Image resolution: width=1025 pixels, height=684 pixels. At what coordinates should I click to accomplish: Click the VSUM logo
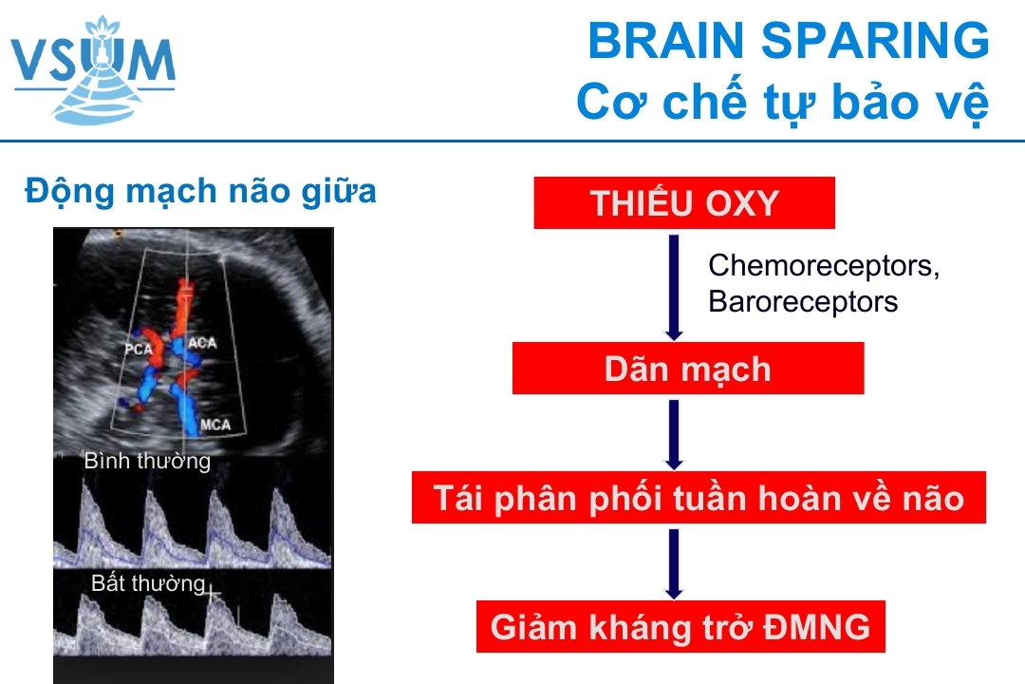[93, 69]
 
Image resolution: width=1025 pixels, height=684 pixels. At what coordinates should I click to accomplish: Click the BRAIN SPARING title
[789, 41]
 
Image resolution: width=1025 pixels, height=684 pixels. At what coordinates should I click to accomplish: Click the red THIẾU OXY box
[684, 203]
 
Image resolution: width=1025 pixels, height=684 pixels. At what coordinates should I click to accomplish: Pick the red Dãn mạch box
[688, 369]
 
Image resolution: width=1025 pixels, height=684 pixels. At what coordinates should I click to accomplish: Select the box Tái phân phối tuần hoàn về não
[699, 498]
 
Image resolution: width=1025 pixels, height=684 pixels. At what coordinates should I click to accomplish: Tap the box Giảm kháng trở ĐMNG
[680, 626]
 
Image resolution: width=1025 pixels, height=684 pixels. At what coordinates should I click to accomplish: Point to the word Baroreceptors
[803, 302]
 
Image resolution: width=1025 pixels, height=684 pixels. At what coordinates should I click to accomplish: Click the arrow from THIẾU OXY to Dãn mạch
[674, 287]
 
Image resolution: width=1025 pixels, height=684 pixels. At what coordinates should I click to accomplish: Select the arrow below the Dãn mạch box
[674, 434]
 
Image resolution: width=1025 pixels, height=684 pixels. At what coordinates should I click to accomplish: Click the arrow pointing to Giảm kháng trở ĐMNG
[674, 564]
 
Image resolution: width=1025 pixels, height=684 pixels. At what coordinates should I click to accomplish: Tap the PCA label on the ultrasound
[139, 350]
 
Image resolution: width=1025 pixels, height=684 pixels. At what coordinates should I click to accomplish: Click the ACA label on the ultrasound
[202, 343]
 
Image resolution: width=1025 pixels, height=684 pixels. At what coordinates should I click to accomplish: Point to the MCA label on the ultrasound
[215, 425]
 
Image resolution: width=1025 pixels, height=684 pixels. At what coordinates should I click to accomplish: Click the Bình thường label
[147, 462]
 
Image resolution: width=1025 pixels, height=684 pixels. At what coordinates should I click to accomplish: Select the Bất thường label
[148, 582]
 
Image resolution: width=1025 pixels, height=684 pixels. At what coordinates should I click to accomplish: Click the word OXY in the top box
[742, 203]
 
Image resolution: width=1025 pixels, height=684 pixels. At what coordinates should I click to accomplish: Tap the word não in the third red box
[933, 499]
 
